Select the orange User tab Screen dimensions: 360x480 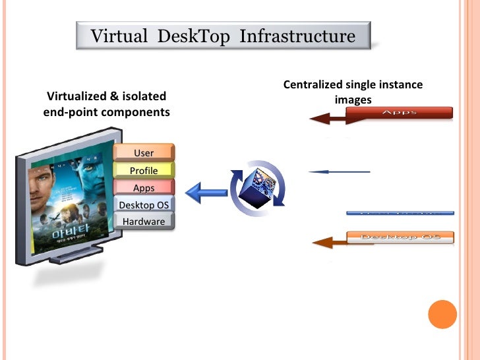(x=144, y=153)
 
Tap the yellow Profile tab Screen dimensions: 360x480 (x=144, y=170)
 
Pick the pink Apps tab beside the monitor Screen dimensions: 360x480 (x=144, y=188)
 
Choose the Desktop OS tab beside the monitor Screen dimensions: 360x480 (x=144, y=204)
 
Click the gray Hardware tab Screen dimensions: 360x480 (x=144, y=222)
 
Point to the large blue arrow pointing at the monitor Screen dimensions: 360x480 (x=205, y=193)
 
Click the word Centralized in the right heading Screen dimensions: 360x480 (x=313, y=84)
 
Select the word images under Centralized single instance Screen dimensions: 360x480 (x=353, y=100)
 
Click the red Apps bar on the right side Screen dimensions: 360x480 (x=399, y=112)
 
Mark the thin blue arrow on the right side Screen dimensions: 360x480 (x=340, y=172)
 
